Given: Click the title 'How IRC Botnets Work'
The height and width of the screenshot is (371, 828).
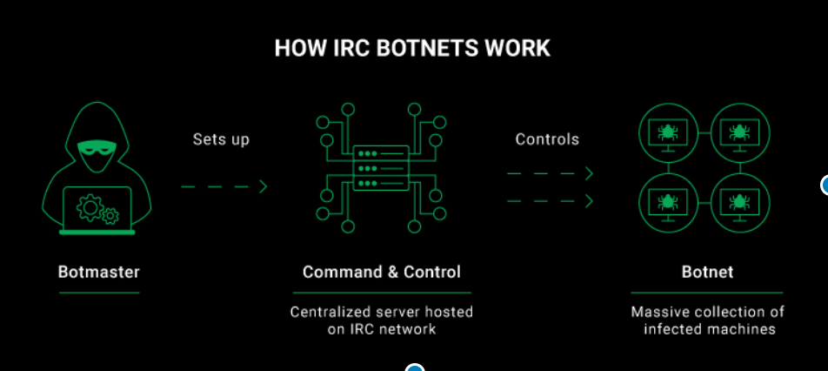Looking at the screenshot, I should (412, 48).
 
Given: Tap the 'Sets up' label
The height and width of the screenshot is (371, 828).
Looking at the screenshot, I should (221, 139).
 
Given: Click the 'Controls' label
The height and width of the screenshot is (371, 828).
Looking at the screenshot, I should (547, 139).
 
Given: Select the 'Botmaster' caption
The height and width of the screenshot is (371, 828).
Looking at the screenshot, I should (98, 272).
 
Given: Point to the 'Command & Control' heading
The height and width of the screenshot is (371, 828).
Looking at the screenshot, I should (382, 272).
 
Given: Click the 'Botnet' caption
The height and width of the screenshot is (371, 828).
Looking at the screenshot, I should (707, 272).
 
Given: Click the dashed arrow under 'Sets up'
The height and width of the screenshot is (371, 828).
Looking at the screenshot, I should (224, 185).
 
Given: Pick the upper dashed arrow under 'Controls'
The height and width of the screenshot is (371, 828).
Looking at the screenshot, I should (550, 173).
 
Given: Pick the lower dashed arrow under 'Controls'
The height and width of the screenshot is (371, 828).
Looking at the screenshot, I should (550, 201).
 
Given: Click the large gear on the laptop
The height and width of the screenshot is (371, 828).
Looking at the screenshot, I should (90, 207).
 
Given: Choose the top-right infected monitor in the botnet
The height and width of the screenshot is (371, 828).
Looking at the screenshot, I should (739, 132).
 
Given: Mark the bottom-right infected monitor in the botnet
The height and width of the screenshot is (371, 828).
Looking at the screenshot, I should (739, 203).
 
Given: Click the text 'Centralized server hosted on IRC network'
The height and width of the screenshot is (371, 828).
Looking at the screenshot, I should (382, 320).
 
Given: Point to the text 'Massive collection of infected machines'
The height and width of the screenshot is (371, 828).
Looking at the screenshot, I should (707, 320).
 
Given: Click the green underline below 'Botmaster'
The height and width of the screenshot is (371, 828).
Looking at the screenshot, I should (98, 293).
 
